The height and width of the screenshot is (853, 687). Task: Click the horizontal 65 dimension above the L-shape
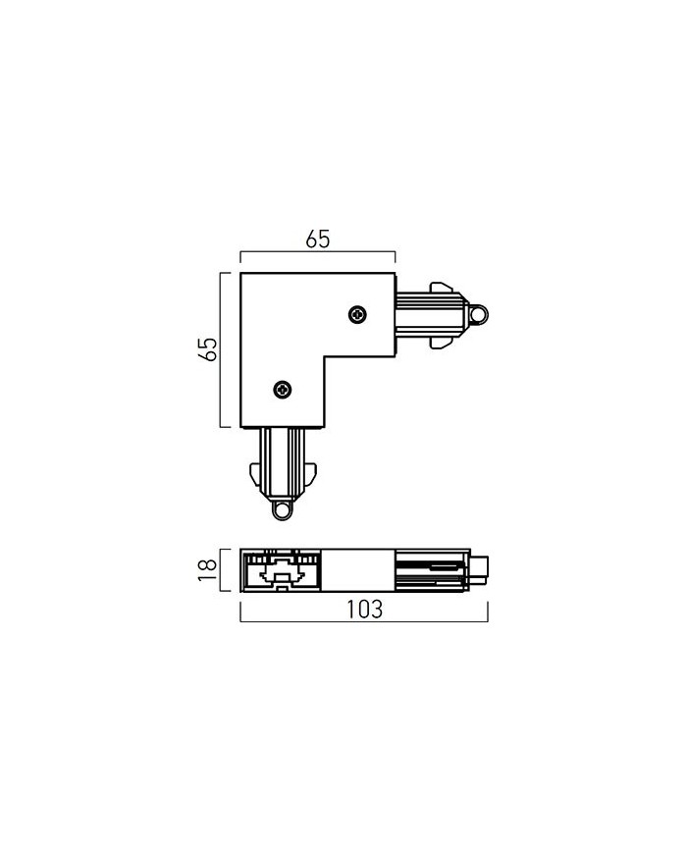point(318,240)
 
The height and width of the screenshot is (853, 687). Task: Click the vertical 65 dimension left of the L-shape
point(208,348)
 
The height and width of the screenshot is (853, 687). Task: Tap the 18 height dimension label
point(208,569)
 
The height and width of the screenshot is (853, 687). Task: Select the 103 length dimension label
point(364,610)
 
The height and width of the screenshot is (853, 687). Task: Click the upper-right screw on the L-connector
point(357,314)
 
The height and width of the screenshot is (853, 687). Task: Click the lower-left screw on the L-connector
point(283,389)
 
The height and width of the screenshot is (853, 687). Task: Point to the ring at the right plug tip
point(479,315)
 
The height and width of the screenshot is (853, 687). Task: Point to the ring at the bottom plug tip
point(282,510)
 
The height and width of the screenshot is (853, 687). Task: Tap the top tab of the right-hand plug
point(441,288)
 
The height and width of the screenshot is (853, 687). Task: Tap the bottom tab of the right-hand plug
point(441,343)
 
